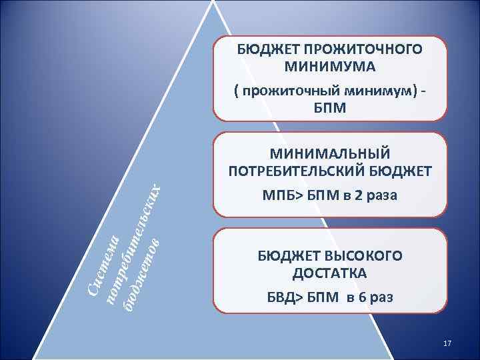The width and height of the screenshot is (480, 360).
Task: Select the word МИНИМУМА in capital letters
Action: [x=329, y=67]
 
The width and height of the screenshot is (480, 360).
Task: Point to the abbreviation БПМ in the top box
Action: [x=329, y=107]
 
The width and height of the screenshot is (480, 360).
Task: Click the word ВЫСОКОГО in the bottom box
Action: [x=363, y=256]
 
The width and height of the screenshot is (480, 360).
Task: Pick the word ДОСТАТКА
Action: [x=329, y=273]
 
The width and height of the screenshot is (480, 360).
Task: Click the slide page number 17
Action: [x=447, y=343]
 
